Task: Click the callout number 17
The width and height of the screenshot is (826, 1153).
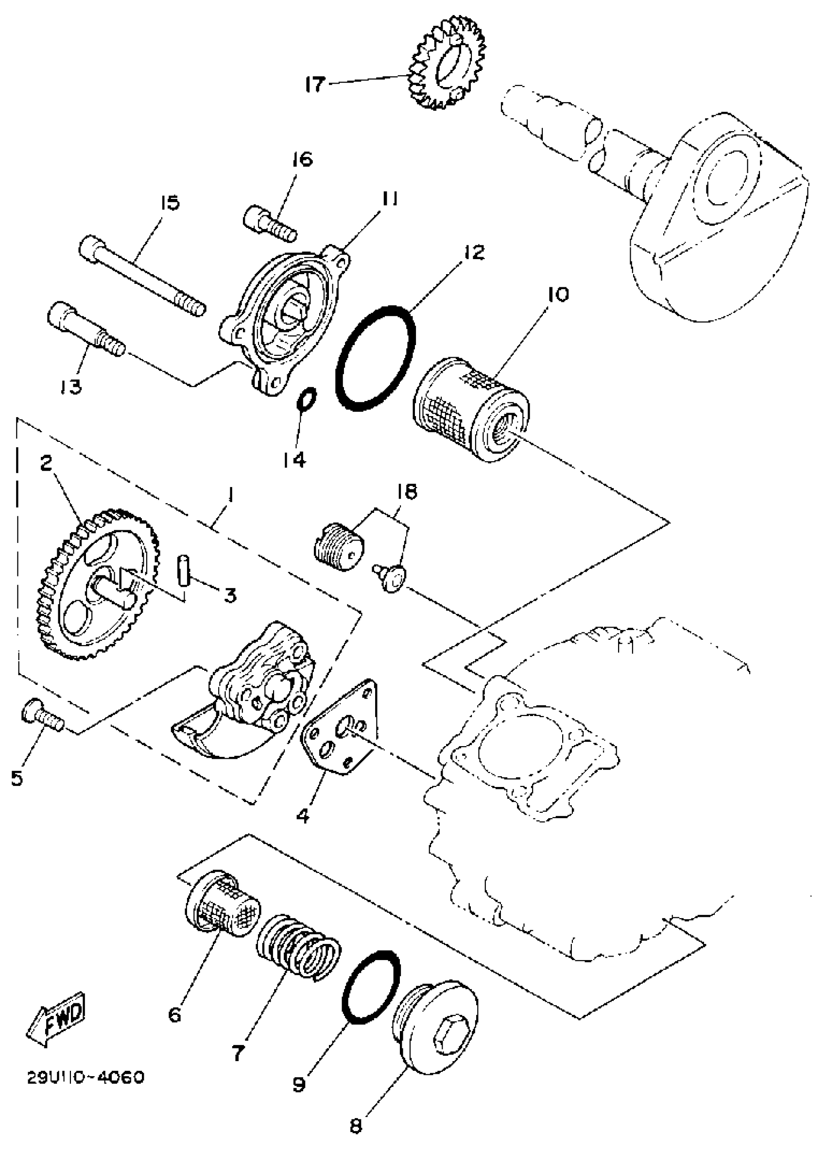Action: [314, 85]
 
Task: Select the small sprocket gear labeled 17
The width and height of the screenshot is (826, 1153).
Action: [447, 64]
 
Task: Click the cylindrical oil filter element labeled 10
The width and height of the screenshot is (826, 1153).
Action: [471, 410]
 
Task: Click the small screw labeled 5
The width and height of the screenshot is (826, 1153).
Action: [42, 718]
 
